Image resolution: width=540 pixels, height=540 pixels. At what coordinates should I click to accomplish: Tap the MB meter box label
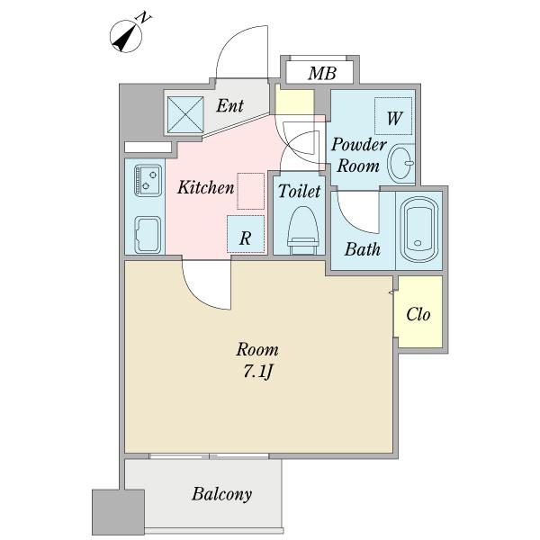[322, 74]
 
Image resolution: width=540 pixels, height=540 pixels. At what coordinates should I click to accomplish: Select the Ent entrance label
[230, 105]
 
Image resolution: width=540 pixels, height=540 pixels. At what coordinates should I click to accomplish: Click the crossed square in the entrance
[185, 114]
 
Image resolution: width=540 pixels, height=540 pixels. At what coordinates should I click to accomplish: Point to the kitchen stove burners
[148, 181]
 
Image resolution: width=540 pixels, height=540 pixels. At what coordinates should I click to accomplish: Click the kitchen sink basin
[148, 235]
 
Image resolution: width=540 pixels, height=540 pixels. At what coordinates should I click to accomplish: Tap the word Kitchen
[205, 188]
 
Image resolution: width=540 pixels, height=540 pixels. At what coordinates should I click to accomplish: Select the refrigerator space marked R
[246, 234]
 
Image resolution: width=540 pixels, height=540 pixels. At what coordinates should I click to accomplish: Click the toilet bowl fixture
[302, 230]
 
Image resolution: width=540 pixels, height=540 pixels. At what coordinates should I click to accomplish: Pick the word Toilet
[300, 191]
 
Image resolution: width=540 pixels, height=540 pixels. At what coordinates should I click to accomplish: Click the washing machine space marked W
[393, 116]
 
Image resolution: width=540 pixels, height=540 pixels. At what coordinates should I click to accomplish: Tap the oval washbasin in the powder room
[400, 163]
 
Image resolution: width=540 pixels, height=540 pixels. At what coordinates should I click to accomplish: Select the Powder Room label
[359, 155]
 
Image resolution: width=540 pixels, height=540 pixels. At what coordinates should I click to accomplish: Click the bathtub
[418, 229]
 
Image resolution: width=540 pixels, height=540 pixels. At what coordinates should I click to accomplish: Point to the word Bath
[363, 249]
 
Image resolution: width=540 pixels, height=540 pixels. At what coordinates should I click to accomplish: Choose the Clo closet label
[418, 314]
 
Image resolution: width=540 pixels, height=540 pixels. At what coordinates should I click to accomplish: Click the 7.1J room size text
[258, 372]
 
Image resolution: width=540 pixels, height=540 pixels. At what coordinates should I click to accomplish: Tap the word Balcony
[221, 495]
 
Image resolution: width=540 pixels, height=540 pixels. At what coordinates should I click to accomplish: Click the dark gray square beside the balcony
[118, 512]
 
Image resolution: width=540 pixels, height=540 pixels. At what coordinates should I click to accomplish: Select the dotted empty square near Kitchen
[251, 191]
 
